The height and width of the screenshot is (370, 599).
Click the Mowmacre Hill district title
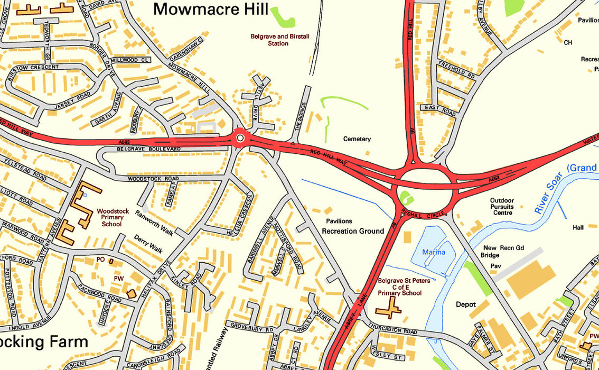click(211, 9)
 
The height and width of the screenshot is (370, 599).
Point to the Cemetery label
click(357, 139)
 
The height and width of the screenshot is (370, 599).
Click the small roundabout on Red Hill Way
click(240, 138)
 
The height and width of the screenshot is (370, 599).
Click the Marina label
click(433, 253)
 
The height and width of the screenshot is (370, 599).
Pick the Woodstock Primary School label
click(110, 217)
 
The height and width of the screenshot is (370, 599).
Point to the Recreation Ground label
click(353, 232)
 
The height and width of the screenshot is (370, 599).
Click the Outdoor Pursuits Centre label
click(501, 207)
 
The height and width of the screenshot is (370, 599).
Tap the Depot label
click(466, 304)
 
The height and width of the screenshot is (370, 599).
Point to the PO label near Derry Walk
click(101, 260)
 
